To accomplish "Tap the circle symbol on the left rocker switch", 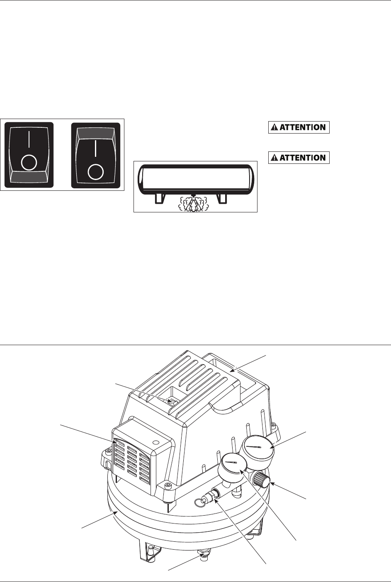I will [29, 163].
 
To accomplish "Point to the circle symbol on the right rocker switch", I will [96, 171].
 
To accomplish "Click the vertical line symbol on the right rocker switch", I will [96, 149].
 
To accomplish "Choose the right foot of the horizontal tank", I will [223, 198].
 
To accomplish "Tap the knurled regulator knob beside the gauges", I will [263, 480].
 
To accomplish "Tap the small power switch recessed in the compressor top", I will [172, 401].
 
